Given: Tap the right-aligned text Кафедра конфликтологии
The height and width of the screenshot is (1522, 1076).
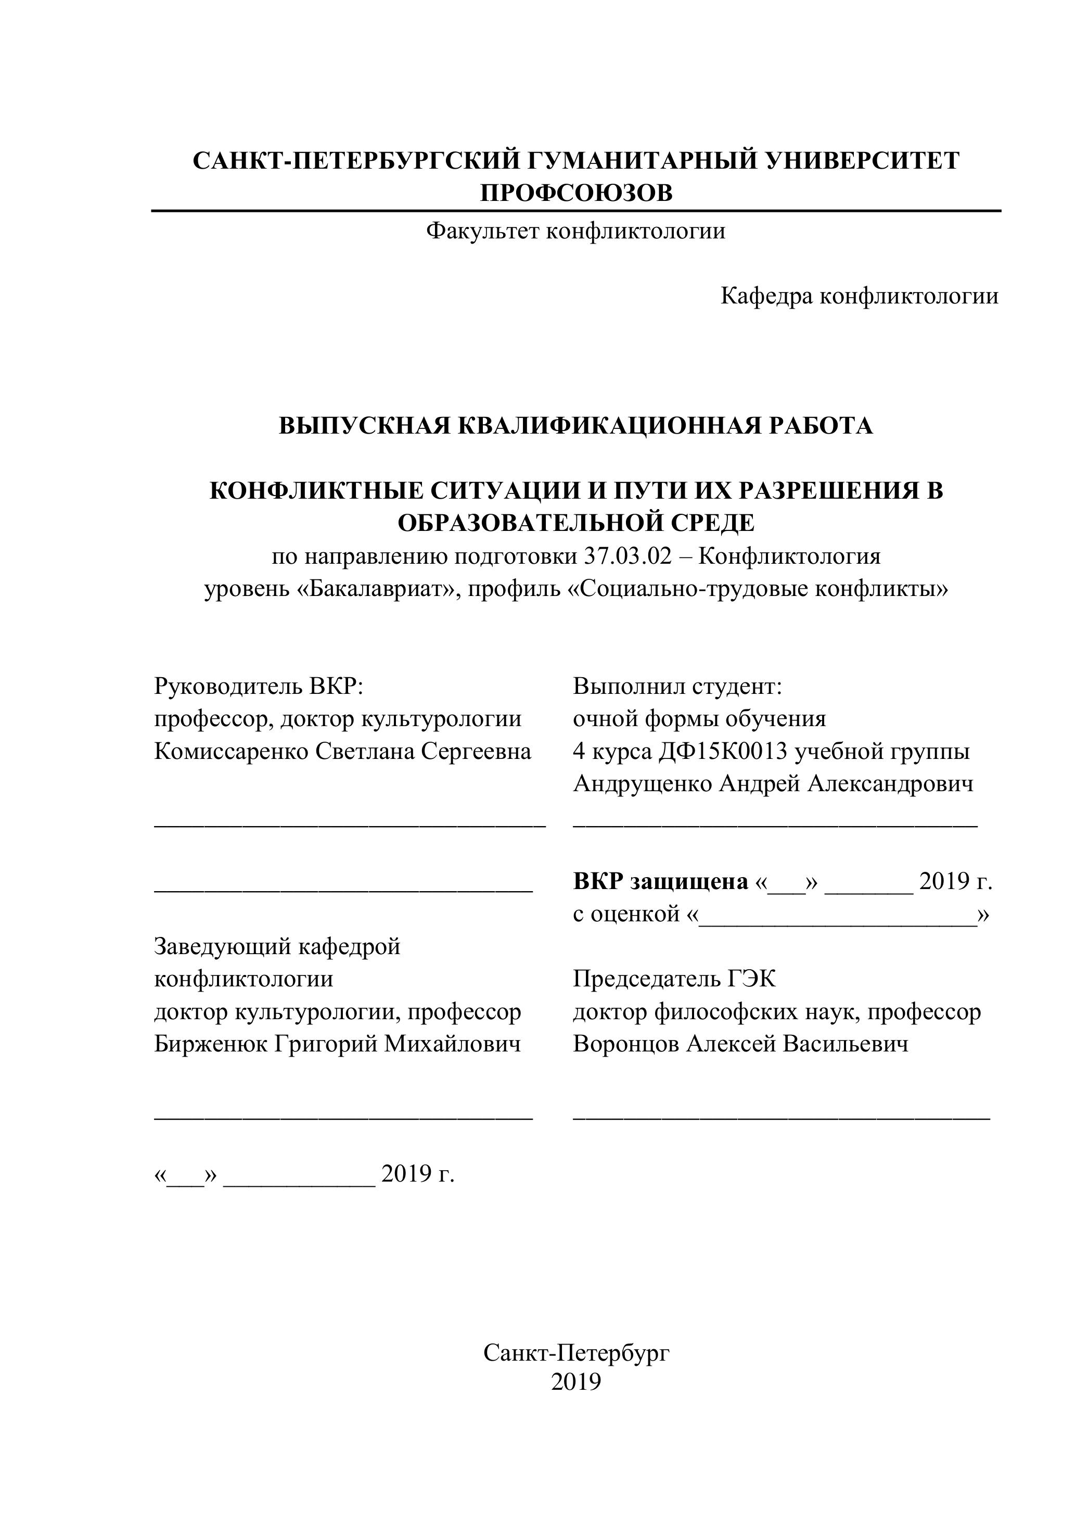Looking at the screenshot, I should pos(860,296).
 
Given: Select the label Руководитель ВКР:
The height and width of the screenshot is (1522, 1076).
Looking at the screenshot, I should pos(259,686).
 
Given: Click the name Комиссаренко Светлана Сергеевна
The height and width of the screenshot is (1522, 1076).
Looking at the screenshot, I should pos(342,751).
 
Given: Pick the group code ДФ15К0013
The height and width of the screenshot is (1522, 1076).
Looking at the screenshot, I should pos(723,751).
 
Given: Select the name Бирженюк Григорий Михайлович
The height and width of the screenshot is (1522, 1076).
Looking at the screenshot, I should pos(337,1044).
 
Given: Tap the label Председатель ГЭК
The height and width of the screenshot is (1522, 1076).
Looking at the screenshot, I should pos(674,979).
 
